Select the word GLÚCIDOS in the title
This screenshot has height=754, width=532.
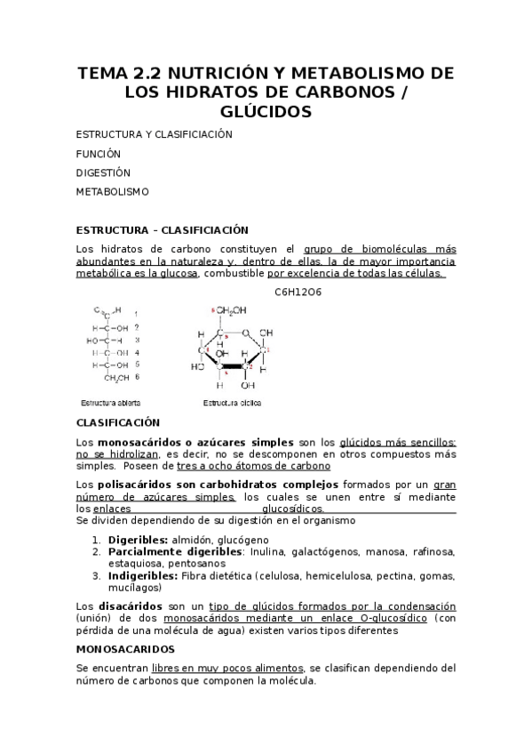266,111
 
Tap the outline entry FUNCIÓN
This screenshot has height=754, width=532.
98,153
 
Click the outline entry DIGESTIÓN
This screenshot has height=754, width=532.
103,172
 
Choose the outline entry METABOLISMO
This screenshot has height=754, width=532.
112,192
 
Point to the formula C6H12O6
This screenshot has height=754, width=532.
298,292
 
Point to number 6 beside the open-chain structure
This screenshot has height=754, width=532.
136,377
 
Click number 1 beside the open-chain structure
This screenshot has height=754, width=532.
136,313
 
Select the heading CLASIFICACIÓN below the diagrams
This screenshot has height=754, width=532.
118,422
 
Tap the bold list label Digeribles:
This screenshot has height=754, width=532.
138,540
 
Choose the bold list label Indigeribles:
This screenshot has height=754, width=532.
143,575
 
